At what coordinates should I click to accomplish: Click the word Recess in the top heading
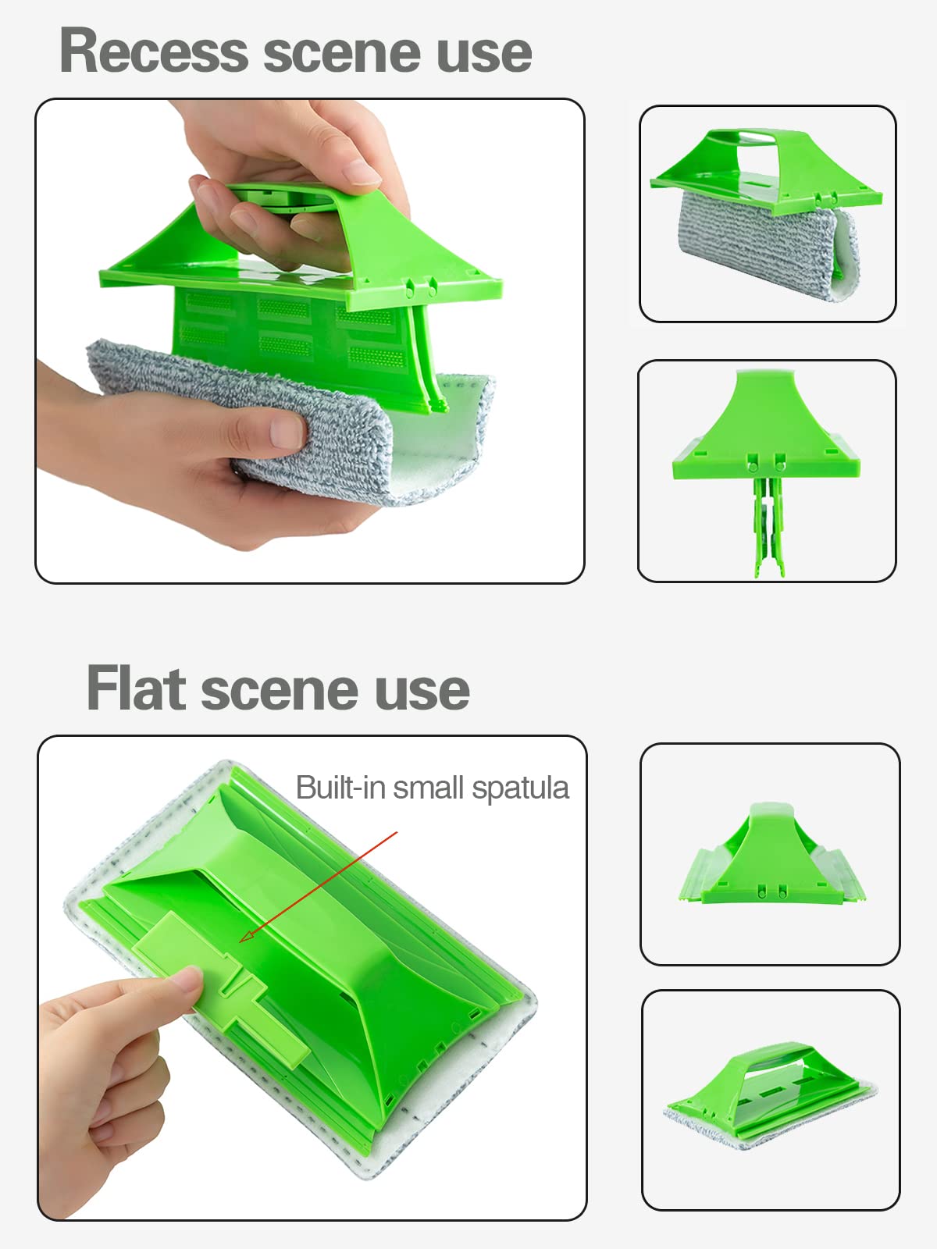tap(154, 52)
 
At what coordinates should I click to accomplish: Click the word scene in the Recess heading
tap(342, 55)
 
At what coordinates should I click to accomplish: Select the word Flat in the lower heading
tap(137, 688)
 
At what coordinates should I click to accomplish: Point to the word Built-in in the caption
tap(340, 788)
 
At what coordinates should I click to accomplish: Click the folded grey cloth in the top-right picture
tap(768, 244)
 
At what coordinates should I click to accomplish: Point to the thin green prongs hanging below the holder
tap(769, 526)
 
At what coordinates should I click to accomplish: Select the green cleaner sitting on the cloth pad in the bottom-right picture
tap(768, 1087)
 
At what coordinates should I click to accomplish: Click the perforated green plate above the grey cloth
tap(296, 336)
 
